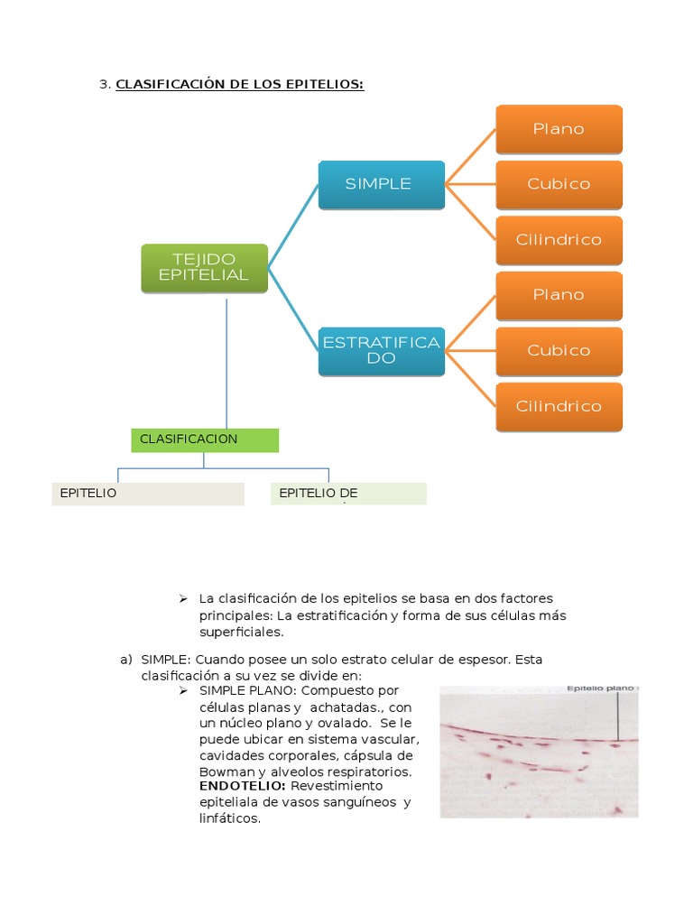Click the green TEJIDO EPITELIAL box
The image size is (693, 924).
coord(204,268)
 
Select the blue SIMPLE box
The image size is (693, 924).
coord(381,184)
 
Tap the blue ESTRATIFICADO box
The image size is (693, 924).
coord(381,350)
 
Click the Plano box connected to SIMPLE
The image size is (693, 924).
coord(559,129)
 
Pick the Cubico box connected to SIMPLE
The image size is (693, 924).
coord(559,184)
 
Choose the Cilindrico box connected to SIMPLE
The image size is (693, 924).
coord(559,240)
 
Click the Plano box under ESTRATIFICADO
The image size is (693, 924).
coord(559,295)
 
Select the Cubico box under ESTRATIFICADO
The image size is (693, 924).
coord(559,350)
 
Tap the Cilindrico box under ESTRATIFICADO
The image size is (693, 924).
coord(559,406)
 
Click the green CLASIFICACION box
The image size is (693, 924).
coord(205,439)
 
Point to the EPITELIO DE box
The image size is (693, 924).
coord(348,494)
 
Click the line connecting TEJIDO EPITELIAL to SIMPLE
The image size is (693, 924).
coord(293,216)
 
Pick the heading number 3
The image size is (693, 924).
coord(104,85)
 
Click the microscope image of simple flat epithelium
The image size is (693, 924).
coord(538,753)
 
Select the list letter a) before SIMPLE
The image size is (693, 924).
coord(126,659)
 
